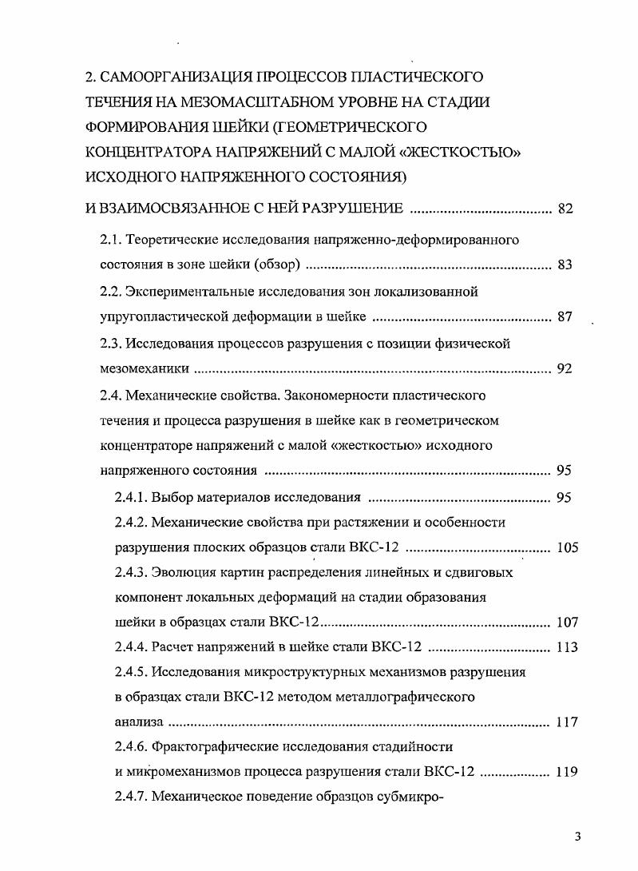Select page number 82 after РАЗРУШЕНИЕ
[x=565, y=209]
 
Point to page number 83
[x=565, y=265]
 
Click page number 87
[x=565, y=317]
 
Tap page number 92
[x=565, y=369]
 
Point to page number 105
[x=566, y=548]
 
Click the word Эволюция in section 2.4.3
[x=181, y=573]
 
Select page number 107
[x=566, y=622]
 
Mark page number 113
[x=566, y=647]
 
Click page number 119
[x=566, y=772]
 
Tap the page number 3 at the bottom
[x=577, y=837]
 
